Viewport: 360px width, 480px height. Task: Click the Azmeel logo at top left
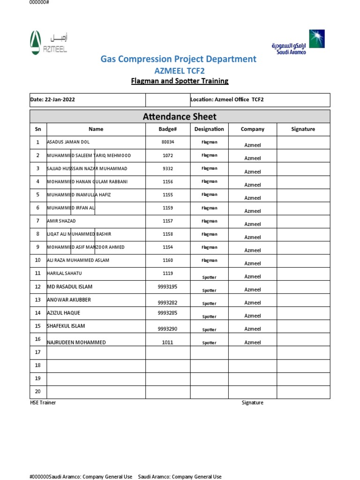tap(48, 43)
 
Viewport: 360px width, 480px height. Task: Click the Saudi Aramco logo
tap(297, 43)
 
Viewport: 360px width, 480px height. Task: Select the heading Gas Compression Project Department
tap(178, 59)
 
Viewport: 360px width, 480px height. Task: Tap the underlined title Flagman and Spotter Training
tap(180, 81)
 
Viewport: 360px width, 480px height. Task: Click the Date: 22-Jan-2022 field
tap(52, 100)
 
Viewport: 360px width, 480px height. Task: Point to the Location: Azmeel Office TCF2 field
tap(230, 100)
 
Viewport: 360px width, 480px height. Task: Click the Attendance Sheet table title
tap(180, 116)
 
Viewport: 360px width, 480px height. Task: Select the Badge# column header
tap(167, 129)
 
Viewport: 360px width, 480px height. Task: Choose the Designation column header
tap(209, 129)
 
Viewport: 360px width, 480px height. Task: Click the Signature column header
tap(303, 129)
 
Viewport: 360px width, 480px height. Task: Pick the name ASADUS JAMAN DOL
tap(68, 142)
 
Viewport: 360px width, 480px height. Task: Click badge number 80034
tap(167, 142)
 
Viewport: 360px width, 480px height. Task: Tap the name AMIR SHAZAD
tap(61, 221)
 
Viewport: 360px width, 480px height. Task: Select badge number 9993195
tap(167, 286)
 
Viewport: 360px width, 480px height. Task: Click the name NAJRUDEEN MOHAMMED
tap(76, 343)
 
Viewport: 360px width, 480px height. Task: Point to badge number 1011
tap(167, 343)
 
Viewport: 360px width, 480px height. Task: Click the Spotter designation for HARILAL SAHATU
tap(209, 277)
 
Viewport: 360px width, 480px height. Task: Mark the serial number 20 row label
tap(38, 391)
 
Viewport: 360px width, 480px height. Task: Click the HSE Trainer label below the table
tap(43, 403)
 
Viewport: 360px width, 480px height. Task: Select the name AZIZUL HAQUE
tap(63, 313)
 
